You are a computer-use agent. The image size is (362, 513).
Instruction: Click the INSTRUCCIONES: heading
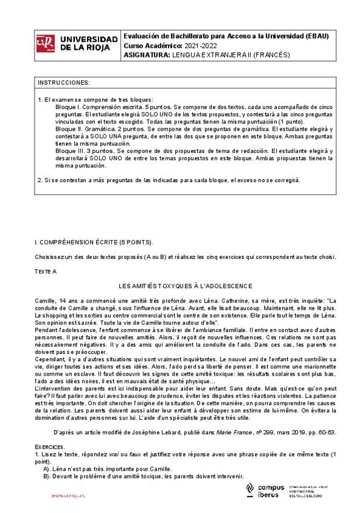pos(64,82)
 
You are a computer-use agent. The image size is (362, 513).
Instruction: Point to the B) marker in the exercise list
pos(47,476)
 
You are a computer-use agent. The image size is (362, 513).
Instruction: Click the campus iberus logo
pos(266,491)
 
